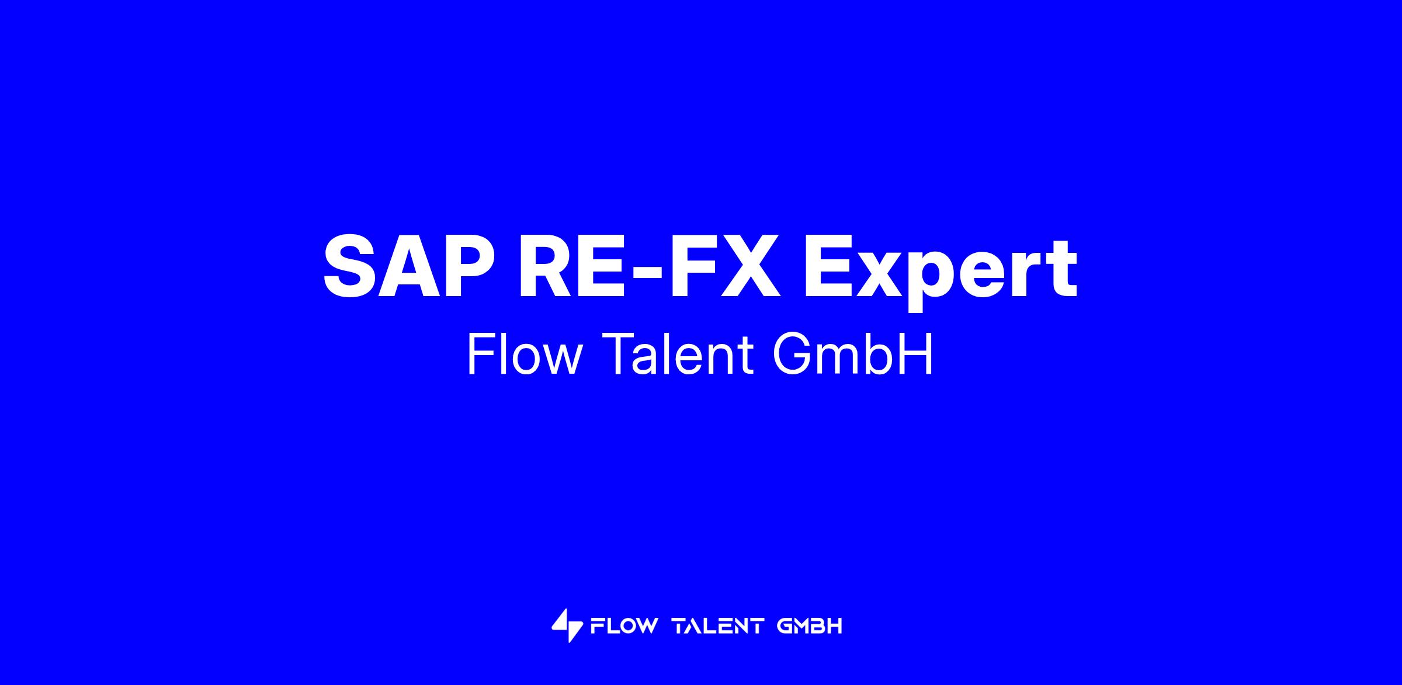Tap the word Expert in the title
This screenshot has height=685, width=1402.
[x=941, y=272]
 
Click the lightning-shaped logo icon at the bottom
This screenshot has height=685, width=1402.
[x=567, y=625]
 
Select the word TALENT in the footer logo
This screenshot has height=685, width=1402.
[x=719, y=626]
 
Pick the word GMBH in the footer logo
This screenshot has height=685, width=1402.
[x=810, y=626]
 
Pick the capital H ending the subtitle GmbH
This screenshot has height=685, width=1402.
[x=918, y=354]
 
